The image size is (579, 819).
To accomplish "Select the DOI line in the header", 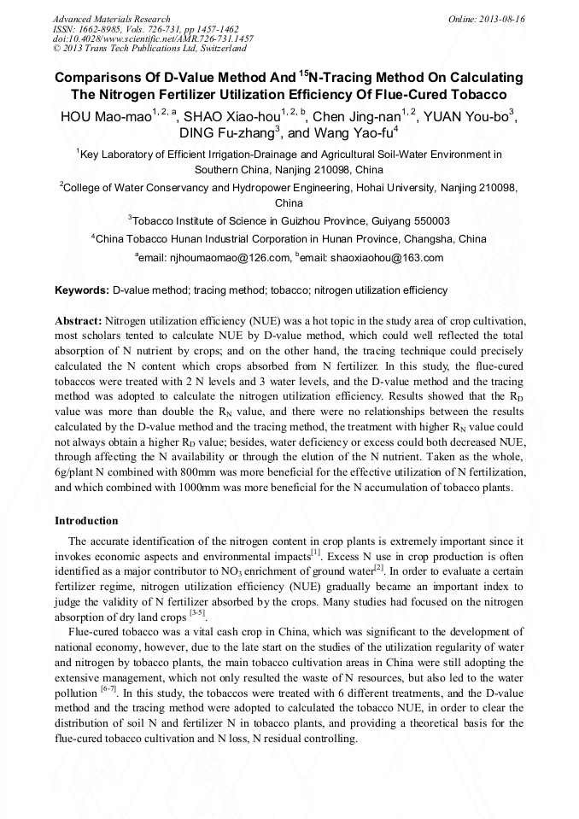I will pos(153,39).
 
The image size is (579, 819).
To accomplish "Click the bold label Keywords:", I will pos(82,290).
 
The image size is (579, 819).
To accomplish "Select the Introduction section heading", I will pos(86,521).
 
